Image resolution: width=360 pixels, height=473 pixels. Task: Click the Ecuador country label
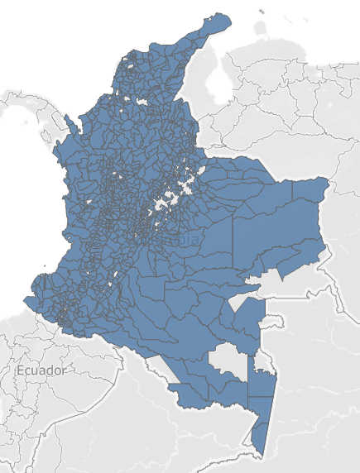pyautogui.click(x=41, y=370)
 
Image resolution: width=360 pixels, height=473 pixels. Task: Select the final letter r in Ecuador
pyautogui.click(x=63, y=370)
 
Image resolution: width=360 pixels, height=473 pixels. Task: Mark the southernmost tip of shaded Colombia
pyautogui.click(x=262, y=454)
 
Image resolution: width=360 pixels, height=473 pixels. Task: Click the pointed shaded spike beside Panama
pyautogui.click(x=68, y=122)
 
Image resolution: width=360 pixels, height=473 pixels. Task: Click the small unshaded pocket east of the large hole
pyautogui.click(x=262, y=361)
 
